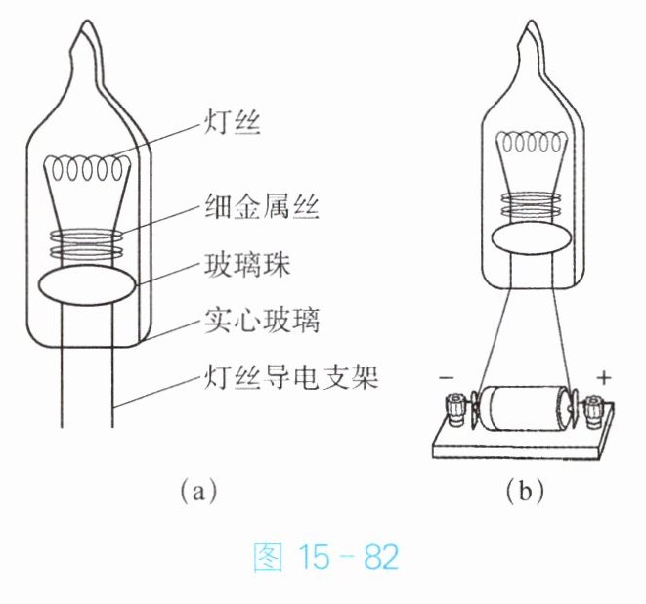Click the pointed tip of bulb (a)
click(x=85, y=29)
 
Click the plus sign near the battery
click(x=606, y=375)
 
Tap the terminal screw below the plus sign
click(x=592, y=410)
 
